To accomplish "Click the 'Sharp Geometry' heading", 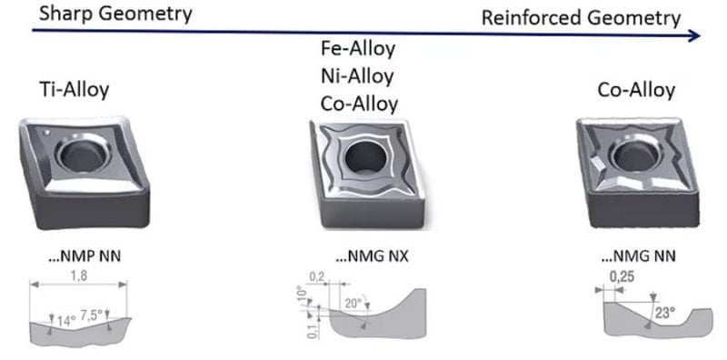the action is coord(115,13).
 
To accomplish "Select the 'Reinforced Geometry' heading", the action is coord(581,18).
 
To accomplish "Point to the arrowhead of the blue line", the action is coord(694,35).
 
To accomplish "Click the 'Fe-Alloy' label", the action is coord(358,49).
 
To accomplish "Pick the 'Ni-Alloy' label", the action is coord(357,76).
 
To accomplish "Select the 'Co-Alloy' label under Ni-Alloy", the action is coord(359,104).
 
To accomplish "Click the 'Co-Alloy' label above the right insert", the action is coord(636,89).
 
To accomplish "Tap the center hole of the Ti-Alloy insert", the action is coord(83,155).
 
